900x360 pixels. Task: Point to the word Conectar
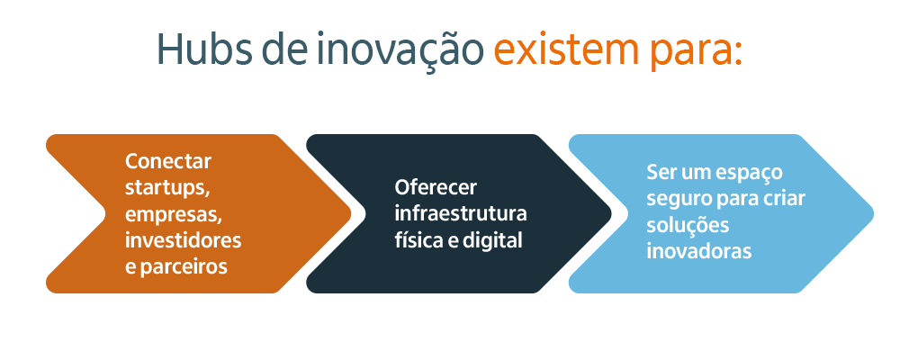tap(168, 162)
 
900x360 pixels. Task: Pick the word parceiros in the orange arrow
tap(189, 267)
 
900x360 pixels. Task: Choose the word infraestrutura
tap(461, 214)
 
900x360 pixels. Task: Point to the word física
tap(417, 240)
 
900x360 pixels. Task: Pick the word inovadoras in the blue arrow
tap(699, 251)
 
